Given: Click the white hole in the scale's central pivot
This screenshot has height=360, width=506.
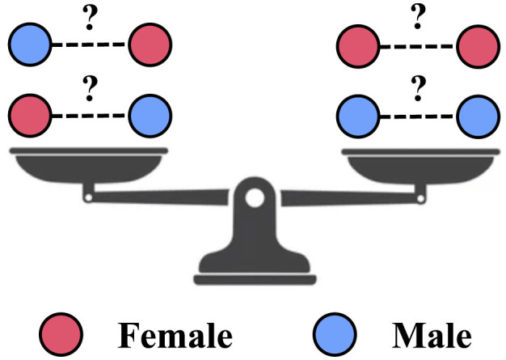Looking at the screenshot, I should click(x=255, y=197).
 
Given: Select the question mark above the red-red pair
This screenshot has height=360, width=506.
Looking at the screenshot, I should click(x=417, y=14).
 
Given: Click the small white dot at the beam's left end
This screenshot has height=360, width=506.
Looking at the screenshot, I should click(x=86, y=195).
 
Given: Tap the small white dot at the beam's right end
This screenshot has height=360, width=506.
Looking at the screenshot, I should click(x=420, y=195).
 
